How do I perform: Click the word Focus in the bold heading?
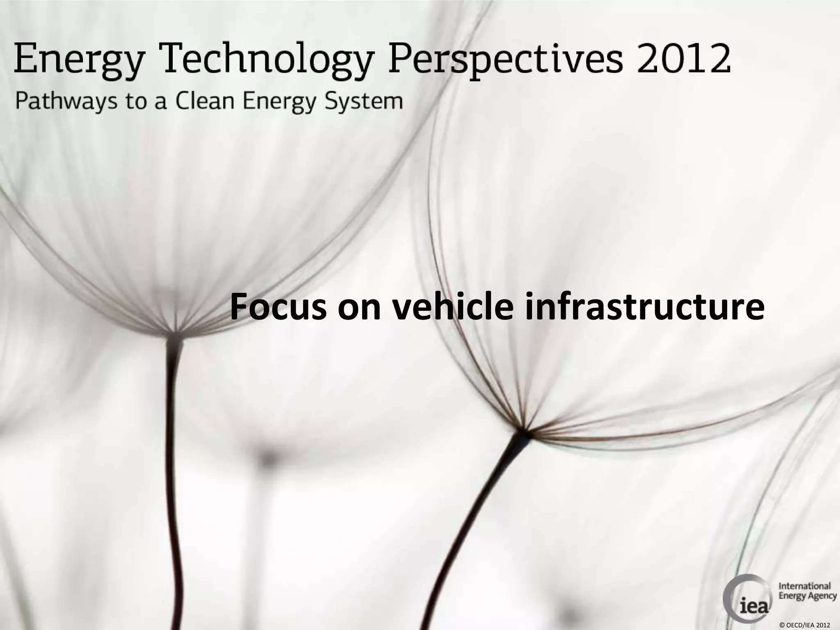(x=278, y=307)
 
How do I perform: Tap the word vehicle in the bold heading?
(x=452, y=307)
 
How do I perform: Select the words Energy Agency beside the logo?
(x=807, y=596)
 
